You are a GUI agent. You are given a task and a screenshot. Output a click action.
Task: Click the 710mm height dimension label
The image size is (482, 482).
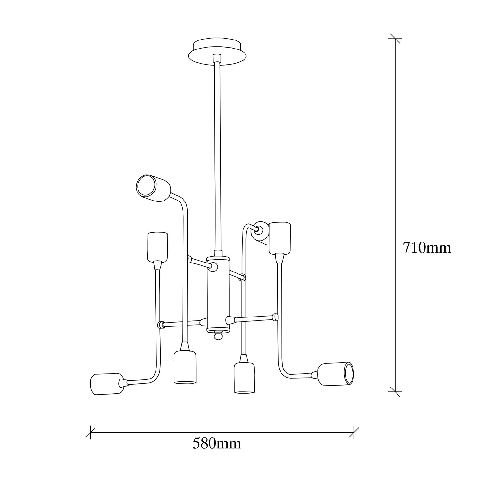click(x=427, y=248)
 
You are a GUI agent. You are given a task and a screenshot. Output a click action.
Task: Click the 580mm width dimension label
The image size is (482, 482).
click(x=217, y=444)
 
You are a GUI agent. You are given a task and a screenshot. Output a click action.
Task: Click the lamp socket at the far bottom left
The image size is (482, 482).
click(x=107, y=384)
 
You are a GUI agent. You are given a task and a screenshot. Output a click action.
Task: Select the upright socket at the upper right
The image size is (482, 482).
click(x=280, y=237)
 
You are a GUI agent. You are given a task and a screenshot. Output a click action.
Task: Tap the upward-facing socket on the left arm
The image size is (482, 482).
click(x=158, y=247)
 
